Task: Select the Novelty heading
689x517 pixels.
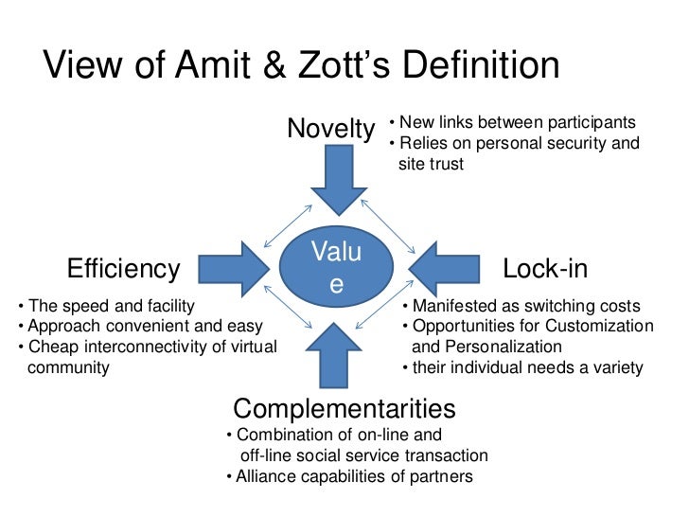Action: tap(330, 128)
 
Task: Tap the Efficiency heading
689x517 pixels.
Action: tap(123, 270)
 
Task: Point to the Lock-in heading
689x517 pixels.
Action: tap(545, 270)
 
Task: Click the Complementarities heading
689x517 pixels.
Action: tap(344, 409)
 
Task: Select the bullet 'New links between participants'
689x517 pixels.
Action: tap(517, 123)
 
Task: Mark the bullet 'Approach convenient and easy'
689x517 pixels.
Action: tap(137, 327)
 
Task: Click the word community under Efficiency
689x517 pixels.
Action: tap(70, 367)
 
